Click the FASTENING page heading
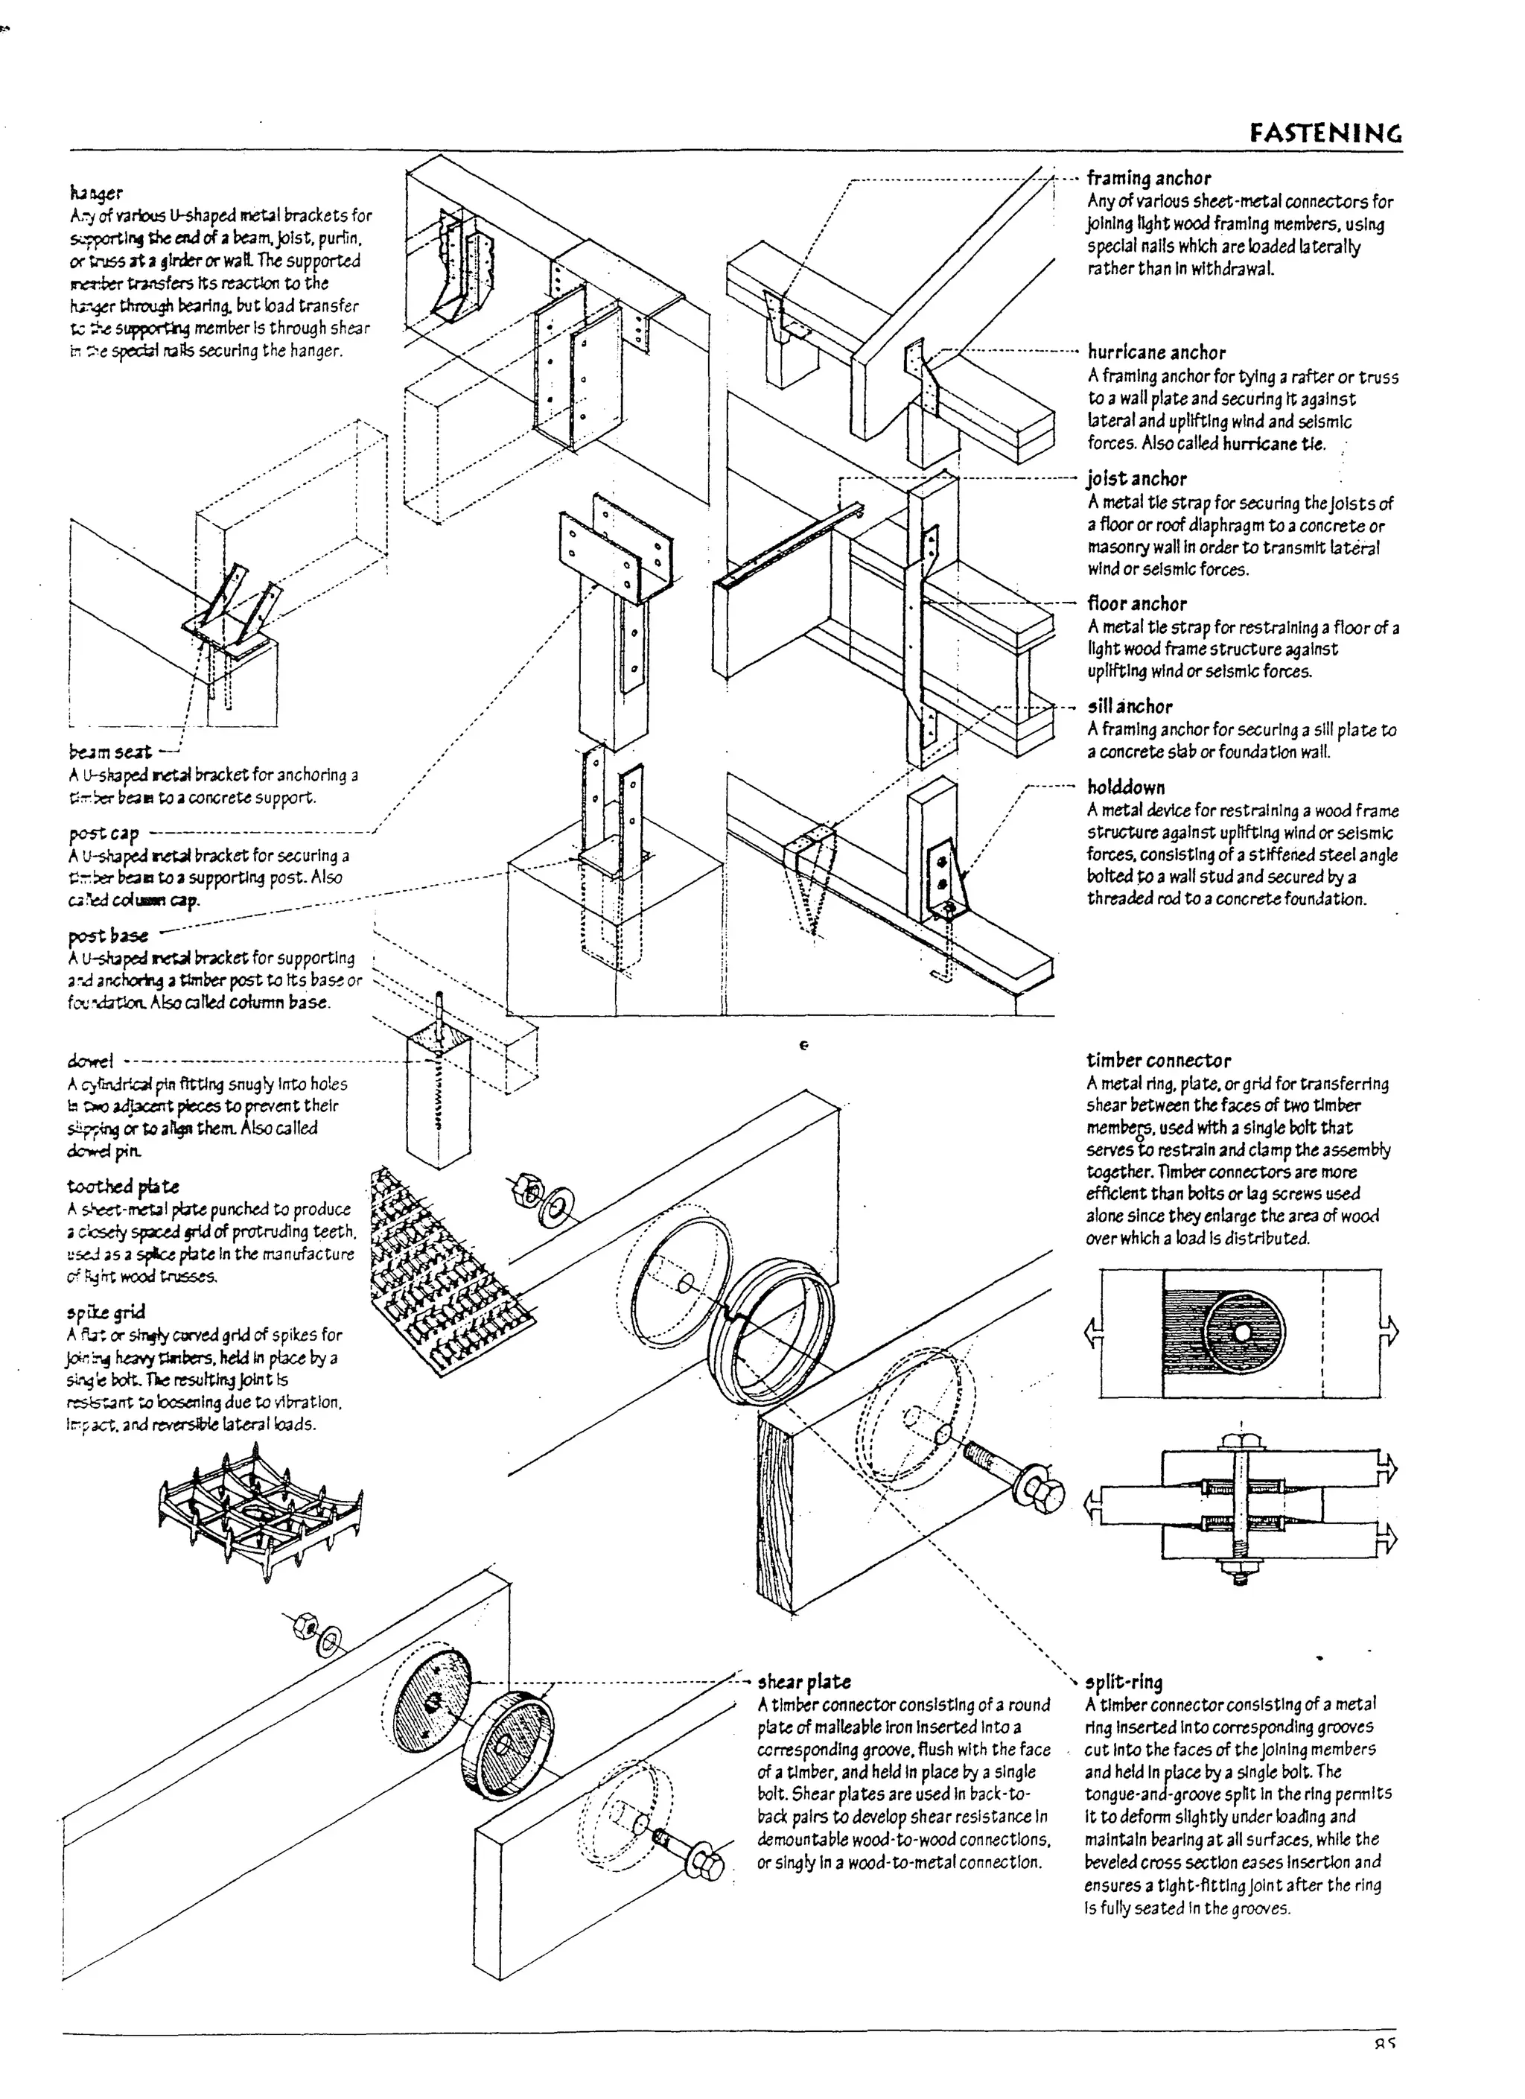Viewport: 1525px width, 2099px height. coord(1325,133)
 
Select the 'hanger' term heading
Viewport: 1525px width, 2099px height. coord(95,192)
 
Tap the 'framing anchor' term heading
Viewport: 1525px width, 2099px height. coord(1147,178)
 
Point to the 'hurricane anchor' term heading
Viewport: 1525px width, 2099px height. coord(1156,352)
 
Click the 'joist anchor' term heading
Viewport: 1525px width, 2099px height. coord(1136,478)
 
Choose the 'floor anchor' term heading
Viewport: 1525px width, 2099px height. coord(1136,603)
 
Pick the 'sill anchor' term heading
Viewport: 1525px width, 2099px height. coord(1129,706)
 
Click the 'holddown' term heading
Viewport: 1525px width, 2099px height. coord(1125,787)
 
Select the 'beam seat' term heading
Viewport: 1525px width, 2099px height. coord(109,752)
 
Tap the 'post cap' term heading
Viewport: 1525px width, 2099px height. coord(103,833)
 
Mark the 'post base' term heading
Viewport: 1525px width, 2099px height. coord(107,935)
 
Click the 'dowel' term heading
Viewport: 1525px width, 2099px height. coord(90,1061)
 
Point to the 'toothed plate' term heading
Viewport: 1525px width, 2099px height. coord(122,1187)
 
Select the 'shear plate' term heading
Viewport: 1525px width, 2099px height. coord(803,1682)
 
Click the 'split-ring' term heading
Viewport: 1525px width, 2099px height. coord(1124,1682)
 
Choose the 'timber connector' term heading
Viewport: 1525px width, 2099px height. coord(1158,1061)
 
